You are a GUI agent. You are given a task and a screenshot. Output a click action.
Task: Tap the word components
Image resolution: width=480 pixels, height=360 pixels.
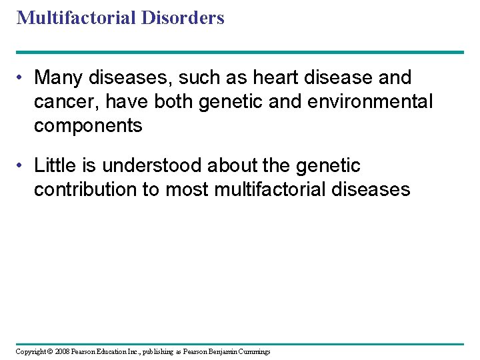pos(88,126)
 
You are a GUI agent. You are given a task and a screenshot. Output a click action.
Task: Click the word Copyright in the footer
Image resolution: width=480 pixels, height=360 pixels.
pos(31,351)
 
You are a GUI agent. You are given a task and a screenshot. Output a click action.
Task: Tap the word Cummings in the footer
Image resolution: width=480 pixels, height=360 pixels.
pos(253,351)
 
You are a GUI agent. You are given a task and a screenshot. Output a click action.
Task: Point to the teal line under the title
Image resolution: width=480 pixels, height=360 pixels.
pos(240,52)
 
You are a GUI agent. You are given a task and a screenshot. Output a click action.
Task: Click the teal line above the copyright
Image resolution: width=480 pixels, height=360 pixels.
pos(240,344)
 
